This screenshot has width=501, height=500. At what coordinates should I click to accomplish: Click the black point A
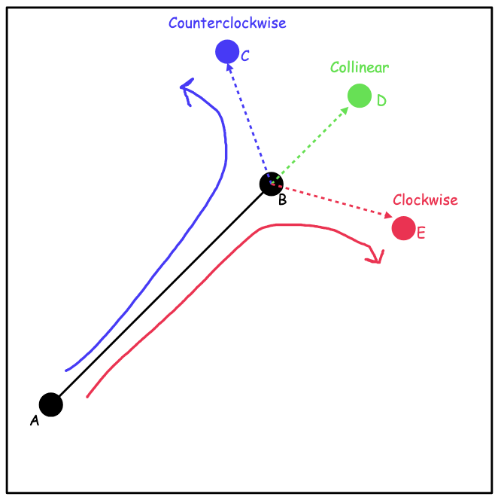50,404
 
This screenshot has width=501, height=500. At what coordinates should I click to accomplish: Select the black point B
272,183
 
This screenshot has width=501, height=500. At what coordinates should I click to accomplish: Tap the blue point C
226,51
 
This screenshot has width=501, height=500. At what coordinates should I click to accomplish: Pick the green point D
360,96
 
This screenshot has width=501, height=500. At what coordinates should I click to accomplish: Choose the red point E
403,227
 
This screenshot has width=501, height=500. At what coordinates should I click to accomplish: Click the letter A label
35,421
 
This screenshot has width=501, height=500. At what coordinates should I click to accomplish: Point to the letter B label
282,200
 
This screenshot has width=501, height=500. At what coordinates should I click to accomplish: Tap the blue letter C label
245,55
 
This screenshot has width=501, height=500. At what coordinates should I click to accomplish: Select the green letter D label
381,100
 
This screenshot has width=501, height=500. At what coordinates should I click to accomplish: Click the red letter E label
421,233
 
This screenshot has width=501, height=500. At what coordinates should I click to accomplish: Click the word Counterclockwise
227,23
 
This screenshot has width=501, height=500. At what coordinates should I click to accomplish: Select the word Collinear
360,68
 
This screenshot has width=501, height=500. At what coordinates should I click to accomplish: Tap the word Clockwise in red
425,200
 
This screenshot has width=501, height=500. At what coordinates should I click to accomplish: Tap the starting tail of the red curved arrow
89,395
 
